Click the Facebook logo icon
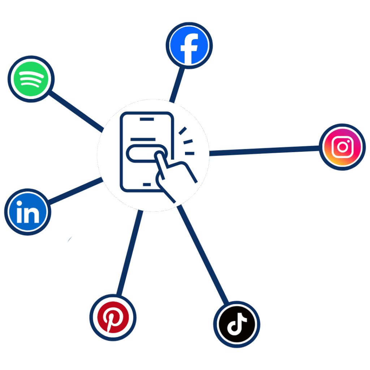pyautogui.click(x=189, y=46)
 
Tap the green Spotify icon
pyautogui.click(x=31, y=79)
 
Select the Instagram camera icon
pyautogui.click(x=343, y=147)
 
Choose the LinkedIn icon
pyautogui.click(x=27, y=212)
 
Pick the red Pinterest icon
pyautogui.click(x=113, y=317)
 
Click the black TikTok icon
pyautogui.click(x=237, y=324)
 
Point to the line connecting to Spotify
pyautogui.click(x=76, y=111)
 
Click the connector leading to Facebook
pyautogui.click(x=177, y=85)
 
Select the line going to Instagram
pyautogui.click(x=264, y=151)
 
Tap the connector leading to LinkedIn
pyautogui.click(x=75, y=191)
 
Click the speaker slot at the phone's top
pyautogui.click(x=147, y=119)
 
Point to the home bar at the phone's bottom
pyautogui.click(x=147, y=184)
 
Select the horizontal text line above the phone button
pyautogui.click(x=143, y=139)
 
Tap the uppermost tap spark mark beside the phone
pyautogui.click(x=182, y=131)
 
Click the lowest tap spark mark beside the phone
pyautogui.click(x=189, y=153)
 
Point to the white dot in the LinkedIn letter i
pyautogui.click(x=20, y=204)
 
